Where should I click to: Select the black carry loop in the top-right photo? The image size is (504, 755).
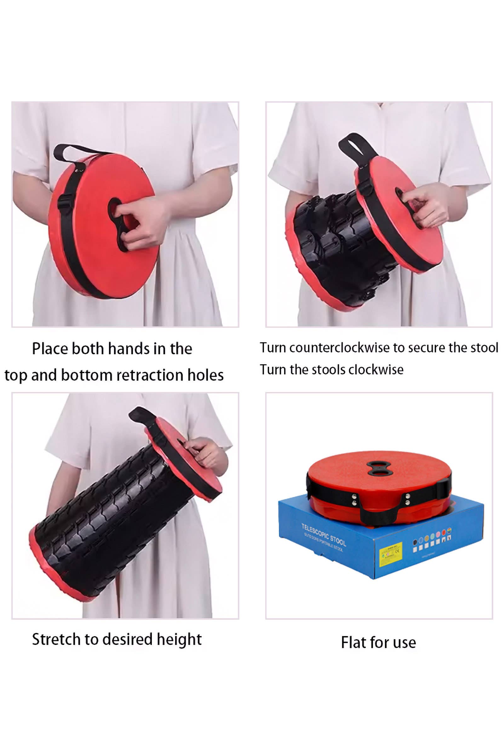coord(354,146)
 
